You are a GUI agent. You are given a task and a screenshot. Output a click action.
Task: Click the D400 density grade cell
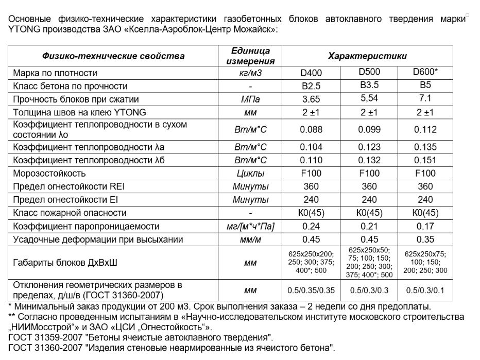(x=311, y=73)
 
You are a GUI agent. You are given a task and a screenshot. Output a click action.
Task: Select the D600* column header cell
(x=425, y=72)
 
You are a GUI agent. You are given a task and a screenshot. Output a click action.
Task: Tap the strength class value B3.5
(x=369, y=85)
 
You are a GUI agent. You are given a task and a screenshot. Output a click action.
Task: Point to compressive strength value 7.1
(x=425, y=98)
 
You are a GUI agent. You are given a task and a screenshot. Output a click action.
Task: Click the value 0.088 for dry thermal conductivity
(x=311, y=129)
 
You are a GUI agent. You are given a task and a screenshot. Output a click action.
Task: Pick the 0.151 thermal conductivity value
(x=425, y=160)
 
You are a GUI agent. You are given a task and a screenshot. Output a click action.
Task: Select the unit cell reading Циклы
(x=250, y=174)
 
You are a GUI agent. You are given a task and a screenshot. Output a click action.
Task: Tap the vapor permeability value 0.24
(x=311, y=226)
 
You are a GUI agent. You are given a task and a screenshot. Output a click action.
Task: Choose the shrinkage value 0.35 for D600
(x=425, y=239)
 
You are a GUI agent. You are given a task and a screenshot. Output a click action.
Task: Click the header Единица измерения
(x=250, y=56)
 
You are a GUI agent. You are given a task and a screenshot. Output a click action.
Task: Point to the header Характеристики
(x=367, y=56)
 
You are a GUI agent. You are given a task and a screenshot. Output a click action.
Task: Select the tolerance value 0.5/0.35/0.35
(x=311, y=290)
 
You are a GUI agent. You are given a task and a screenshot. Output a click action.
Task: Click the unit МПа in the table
(x=250, y=99)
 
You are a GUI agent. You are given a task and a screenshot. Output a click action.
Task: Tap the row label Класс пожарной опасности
(x=70, y=213)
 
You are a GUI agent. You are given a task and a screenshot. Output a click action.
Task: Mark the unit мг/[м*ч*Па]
(x=250, y=226)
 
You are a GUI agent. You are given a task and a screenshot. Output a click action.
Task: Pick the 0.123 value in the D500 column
(x=369, y=147)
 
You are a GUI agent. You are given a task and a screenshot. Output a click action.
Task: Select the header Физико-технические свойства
(x=113, y=56)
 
